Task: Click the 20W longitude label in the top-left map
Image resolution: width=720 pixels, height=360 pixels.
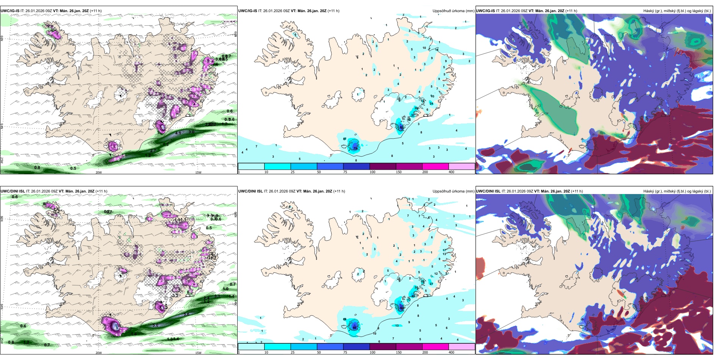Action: click(x=99, y=172)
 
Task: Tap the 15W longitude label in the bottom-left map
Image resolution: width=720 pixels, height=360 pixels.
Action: click(x=198, y=353)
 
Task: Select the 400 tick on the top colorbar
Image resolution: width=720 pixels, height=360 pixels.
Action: click(x=451, y=172)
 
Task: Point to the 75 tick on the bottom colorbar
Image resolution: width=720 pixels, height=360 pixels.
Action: click(x=345, y=352)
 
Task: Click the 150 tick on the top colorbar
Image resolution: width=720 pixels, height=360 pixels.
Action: click(x=398, y=172)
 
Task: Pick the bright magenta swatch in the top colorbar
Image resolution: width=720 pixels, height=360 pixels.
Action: click(x=435, y=166)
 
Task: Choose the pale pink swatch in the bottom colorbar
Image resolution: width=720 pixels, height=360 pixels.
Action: click(x=462, y=347)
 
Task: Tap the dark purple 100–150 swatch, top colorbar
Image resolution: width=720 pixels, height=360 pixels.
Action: click(x=382, y=166)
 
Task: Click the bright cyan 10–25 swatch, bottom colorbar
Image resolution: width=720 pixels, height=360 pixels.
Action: click(x=277, y=347)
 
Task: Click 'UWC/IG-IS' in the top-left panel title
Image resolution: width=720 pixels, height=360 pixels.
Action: click(x=10, y=11)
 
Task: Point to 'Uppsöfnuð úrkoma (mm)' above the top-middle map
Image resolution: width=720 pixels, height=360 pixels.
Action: click(x=453, y=11)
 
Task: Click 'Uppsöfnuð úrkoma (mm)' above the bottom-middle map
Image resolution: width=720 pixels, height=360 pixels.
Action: click(x=453, y=191)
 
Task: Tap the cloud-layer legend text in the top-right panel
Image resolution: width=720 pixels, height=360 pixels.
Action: click(x=677, y=11)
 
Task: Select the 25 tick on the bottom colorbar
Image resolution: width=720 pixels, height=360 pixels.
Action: click(x=293, y=352)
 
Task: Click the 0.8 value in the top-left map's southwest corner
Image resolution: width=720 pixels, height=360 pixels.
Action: click(x=37, y=167)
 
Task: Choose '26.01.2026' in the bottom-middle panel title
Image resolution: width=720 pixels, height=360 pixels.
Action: click(x=277, y=191)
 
